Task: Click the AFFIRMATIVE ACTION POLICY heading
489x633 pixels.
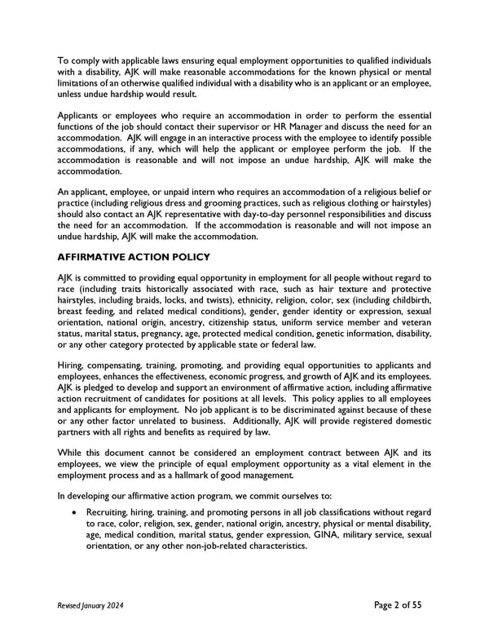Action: (x=134, y=257)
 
